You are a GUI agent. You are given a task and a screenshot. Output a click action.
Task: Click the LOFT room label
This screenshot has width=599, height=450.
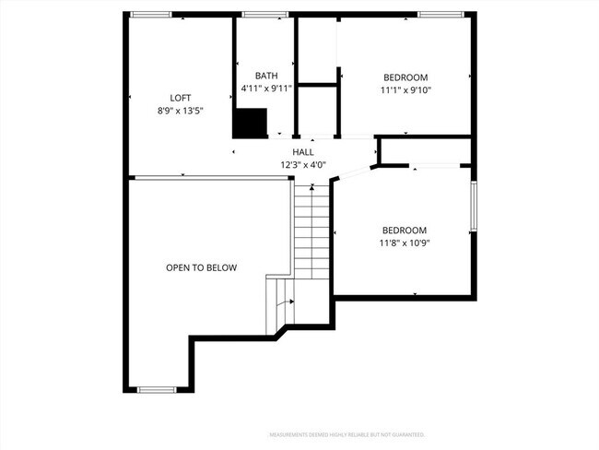pyautogui.click(x=181, y=98)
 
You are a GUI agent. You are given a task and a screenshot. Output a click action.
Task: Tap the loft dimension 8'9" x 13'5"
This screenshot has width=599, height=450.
pyautogui.click(x=181, y=110)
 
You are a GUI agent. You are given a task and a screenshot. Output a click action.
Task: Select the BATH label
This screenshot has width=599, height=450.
pyautogui.click(x=266, y=76)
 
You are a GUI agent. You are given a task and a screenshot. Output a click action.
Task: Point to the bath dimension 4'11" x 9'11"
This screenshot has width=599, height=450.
pyautogui.click(x=266, y=89)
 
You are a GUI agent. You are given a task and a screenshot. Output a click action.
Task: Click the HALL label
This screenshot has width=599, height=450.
pyautogui.click(x=303, y=152)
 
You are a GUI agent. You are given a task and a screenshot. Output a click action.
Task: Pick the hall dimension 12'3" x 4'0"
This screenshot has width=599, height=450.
pyautogui.click(x=303, y=165)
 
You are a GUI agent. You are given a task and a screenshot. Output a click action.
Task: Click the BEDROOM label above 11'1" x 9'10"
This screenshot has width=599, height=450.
pyautogui.click(x=405, y=77)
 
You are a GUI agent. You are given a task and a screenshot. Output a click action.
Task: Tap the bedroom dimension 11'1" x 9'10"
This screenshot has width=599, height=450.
pyautogui.click(x=405, y=89)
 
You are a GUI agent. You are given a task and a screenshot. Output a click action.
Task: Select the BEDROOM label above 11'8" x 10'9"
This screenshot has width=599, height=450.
pyautogui.click(x=405, y=231)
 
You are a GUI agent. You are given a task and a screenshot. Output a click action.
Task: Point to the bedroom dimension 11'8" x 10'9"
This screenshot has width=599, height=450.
pyautogui.click(x=405, y=243)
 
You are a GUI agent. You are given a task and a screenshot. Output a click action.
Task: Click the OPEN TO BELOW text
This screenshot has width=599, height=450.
pyautogui.click(x=201, y=268)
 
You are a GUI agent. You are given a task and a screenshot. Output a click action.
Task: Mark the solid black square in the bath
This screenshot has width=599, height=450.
pyautogui.click(x=249, y=123)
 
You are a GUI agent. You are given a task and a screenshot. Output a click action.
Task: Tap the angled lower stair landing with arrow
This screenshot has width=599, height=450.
pyautogui.click(x=280, y=304)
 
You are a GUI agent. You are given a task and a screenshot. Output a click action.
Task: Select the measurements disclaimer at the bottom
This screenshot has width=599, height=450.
pyautogui.click(x=346, y=433)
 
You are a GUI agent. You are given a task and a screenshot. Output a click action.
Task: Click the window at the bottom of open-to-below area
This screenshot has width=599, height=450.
pyautogui.click(x=157, y=390)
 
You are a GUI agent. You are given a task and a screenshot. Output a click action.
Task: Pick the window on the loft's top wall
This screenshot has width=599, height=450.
pyautogui.click(x=150, y=15)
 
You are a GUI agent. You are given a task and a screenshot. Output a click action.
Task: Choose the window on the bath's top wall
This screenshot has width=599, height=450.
pyautogui.click(x=264, y=15)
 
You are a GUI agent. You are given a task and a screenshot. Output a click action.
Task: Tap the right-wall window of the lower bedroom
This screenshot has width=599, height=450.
pyautogui.click(x=474, y=207)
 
